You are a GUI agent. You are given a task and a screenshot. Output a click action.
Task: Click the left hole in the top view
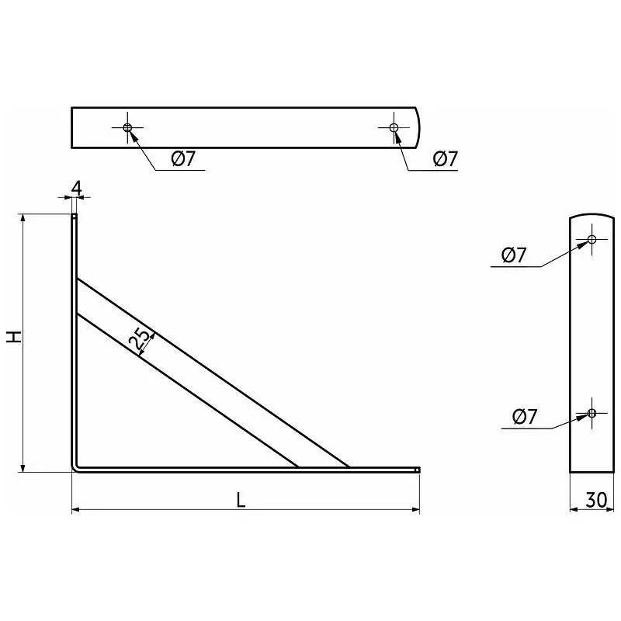127,127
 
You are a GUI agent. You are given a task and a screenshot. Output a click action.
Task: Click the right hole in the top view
394,127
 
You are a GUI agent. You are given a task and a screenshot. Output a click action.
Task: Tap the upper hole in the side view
592,239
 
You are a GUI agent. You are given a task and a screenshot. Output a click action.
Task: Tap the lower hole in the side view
592,413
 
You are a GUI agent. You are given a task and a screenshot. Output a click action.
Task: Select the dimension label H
14,337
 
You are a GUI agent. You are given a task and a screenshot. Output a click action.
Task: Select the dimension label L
241,500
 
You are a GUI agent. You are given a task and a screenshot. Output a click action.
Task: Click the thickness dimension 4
77,188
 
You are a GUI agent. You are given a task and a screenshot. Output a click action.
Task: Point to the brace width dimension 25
141,340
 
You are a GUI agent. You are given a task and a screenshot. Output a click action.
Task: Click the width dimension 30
596,500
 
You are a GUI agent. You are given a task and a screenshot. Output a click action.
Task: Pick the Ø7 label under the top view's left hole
183,159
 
